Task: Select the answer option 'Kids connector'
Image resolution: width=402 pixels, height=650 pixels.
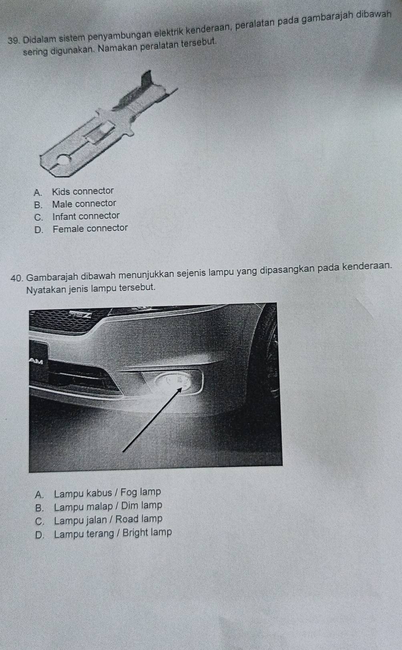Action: tap(83, 191)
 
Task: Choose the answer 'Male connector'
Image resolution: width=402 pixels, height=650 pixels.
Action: tap(84, 204)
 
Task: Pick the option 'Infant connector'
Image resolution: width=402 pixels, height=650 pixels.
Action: tap(86, 216)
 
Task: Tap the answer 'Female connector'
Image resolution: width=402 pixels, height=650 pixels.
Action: tap(90, 229)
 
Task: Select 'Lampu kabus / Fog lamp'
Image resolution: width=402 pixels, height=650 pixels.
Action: tap(107, 492)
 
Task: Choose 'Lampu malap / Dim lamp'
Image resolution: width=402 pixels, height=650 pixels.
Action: tap(108, 506)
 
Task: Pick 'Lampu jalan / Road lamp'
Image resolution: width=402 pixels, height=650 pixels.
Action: tap(108, 520)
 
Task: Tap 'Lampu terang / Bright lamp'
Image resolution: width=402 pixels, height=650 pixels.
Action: tap(113, 533)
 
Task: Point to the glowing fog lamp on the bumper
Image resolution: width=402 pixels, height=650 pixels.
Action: tap(170, 380)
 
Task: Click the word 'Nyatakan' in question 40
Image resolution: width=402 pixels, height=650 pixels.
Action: tap(44, 288)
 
